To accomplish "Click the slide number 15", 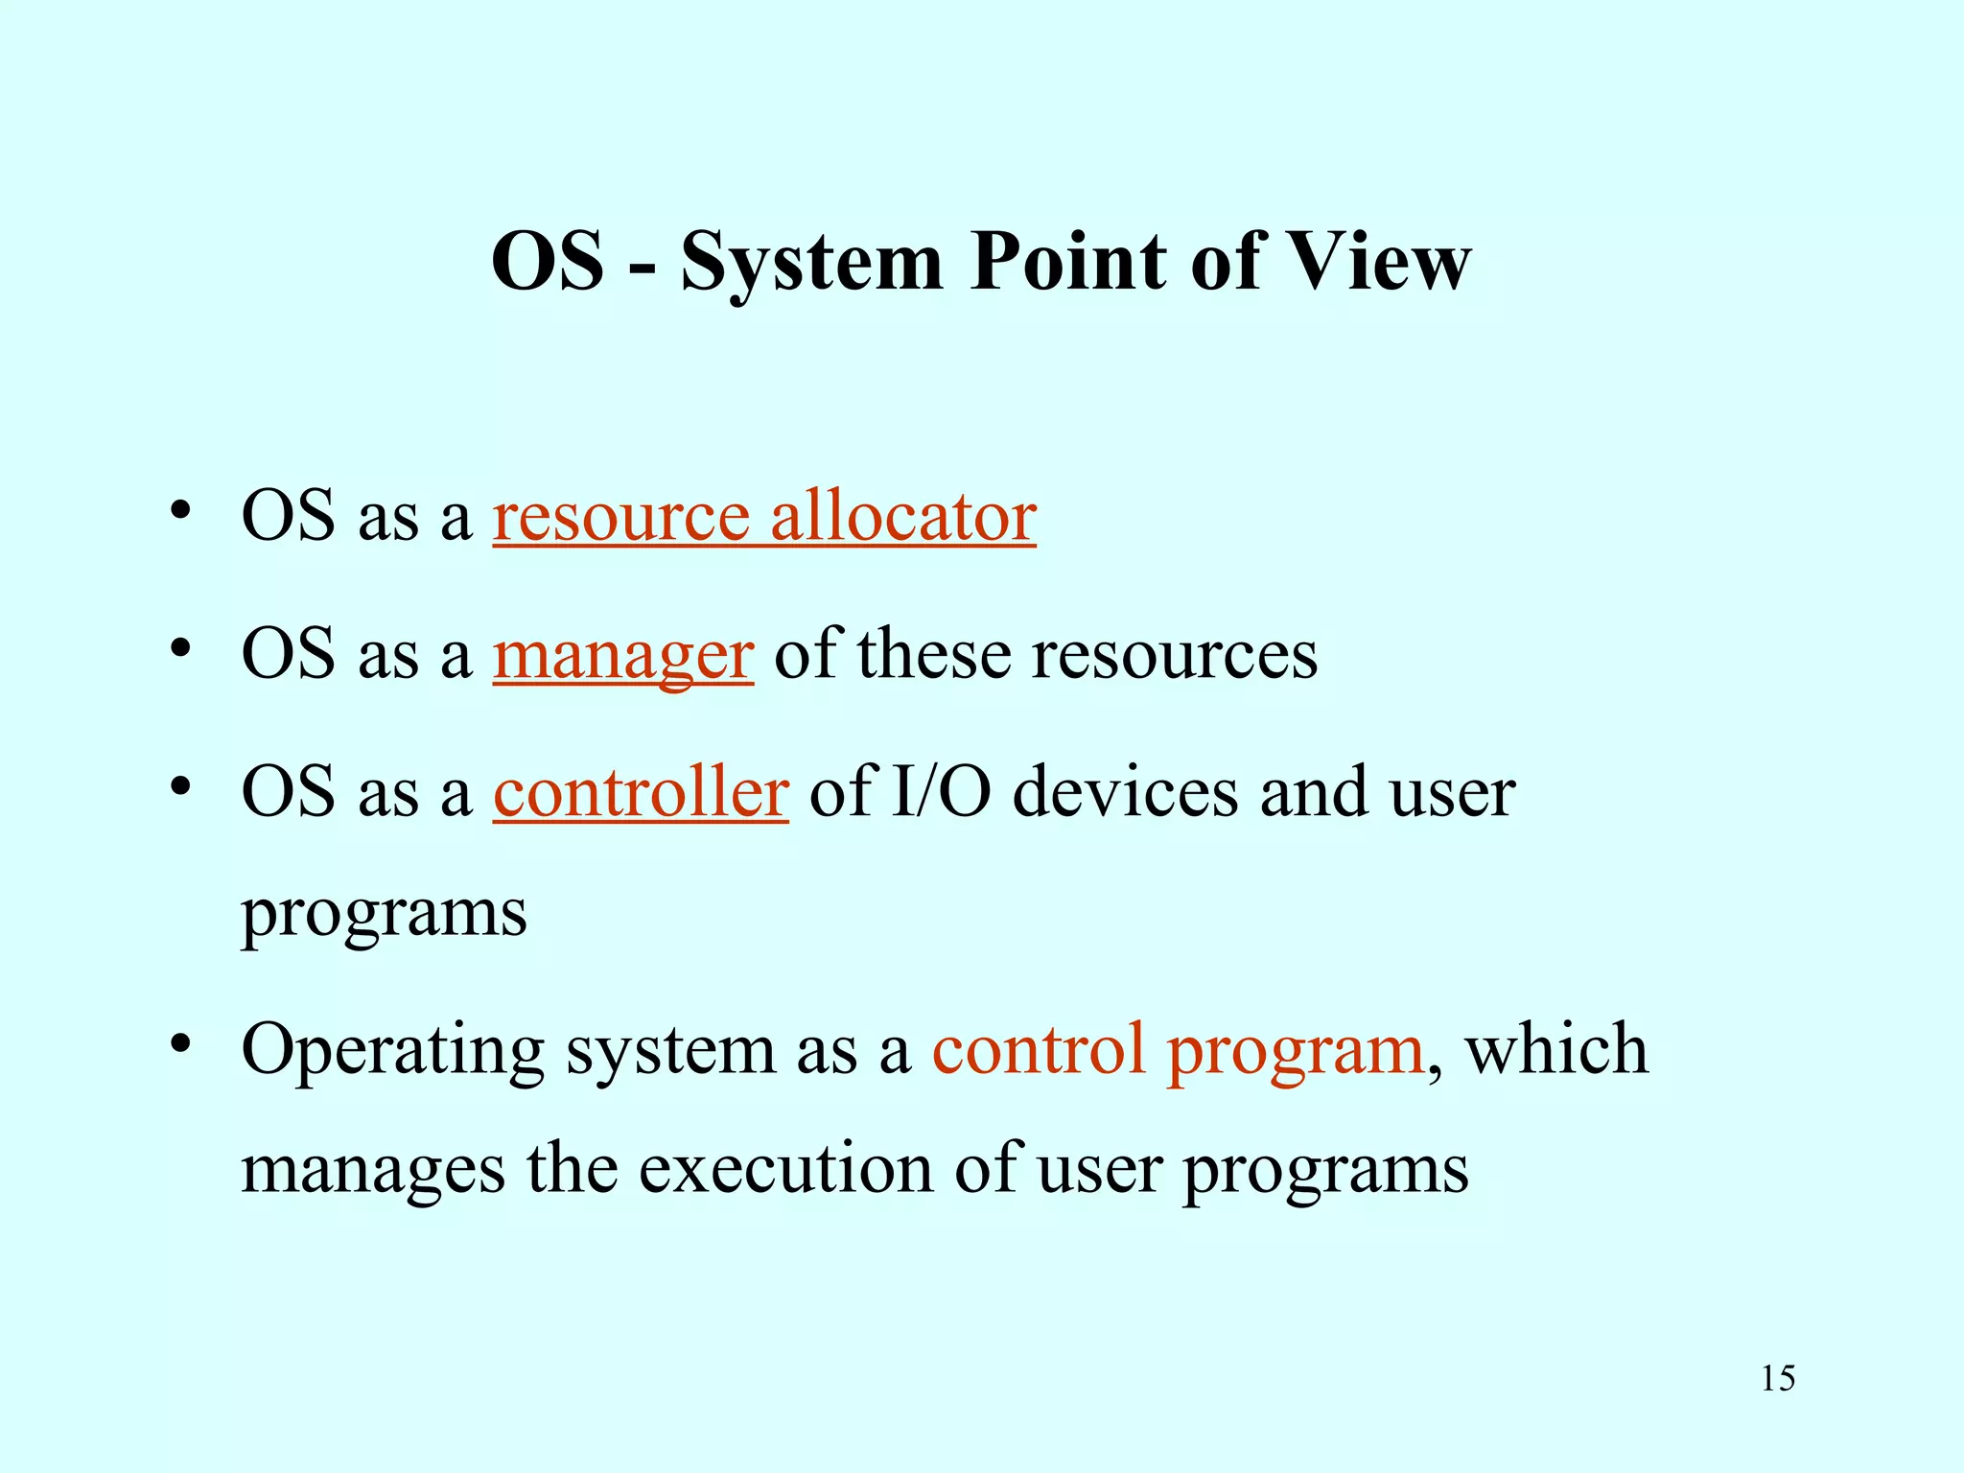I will click(x=1777, y=1378).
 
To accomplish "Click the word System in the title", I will click(x=811, y=263).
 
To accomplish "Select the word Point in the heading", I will click(x=1068, y=261).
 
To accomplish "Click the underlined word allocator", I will click(x=902, y=517).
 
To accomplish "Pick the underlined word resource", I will click(x=620, y=519).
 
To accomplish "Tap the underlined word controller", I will click(x=641, y=793).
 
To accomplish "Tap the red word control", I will click(x=1038, y=1049).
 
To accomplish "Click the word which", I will click(x=1556, y=1049).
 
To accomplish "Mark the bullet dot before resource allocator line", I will click(x=179, y=511).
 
